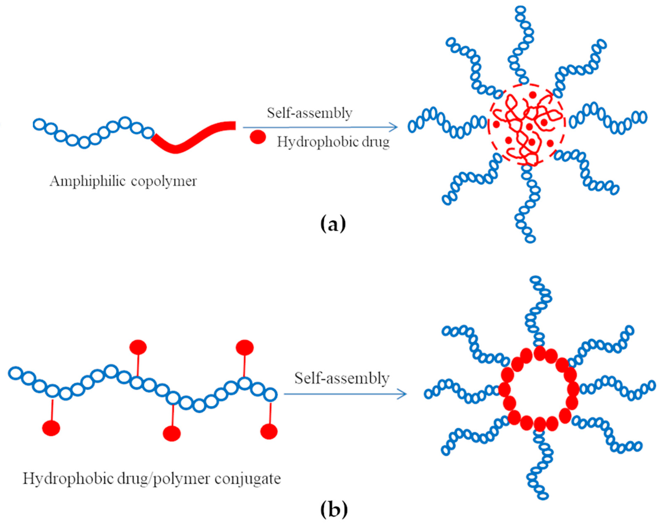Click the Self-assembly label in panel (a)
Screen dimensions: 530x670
309,113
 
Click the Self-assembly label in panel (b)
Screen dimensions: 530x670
342,378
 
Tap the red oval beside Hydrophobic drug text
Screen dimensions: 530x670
258,137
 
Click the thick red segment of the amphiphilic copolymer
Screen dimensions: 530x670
192,140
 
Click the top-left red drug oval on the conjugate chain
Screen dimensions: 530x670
138,347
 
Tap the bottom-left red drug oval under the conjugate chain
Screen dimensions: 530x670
51,428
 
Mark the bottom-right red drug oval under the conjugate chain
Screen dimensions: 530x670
269,431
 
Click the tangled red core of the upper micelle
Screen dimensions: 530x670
524,127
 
